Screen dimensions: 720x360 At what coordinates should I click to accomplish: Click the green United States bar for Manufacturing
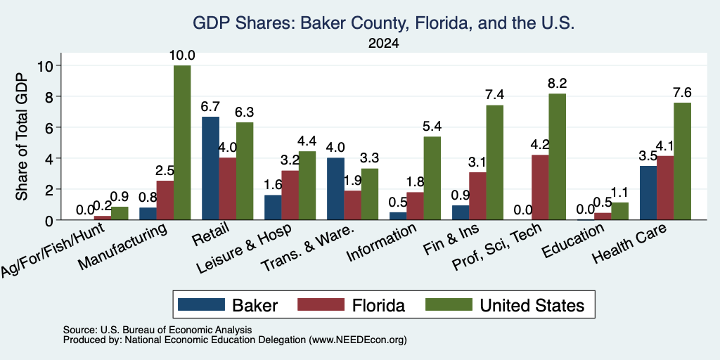tap(182, 143)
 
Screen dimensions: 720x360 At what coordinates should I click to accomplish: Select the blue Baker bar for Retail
tap(210, 169)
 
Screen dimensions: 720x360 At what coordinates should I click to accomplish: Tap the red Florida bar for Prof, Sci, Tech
tap(540, 187)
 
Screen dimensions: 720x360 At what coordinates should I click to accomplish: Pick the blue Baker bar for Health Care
tap(648, 193)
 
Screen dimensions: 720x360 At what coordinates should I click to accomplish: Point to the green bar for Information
tap(432, 178)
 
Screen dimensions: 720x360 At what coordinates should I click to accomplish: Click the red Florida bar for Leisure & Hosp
tap(290, 195)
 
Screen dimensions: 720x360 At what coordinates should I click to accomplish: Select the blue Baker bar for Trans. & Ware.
tap(335, 188)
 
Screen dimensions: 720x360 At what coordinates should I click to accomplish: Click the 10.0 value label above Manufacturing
tap(182, 56)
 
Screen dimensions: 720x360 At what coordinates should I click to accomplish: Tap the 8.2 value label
tap(558, 84)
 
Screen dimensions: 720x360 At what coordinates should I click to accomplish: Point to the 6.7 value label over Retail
tap(210, 107)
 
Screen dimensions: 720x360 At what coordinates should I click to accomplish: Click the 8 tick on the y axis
tap(52, 96)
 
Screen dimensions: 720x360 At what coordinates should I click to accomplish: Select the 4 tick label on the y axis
tap(52, 158)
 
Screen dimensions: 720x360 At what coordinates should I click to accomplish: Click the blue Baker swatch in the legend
tap(201, 304)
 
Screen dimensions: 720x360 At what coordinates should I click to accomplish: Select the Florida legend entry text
tap(378, 305)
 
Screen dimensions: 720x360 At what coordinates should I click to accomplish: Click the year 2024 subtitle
tap(383, 44)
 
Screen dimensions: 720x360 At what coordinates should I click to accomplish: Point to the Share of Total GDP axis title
tap(22, 136)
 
